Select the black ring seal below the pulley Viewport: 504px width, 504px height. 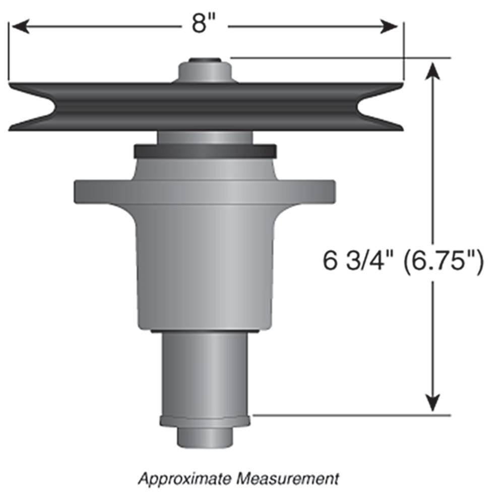[x=205, y=150]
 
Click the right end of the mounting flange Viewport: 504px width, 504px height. [x=329, y=192]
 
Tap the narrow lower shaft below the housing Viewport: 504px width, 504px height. [x=205, y=373]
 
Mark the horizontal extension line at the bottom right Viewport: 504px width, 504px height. [x=353, y=416]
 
